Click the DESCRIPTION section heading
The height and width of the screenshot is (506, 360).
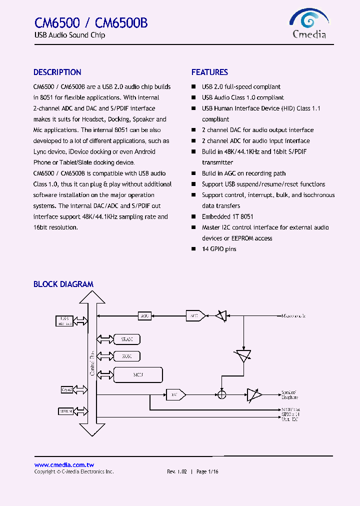coord(57,72)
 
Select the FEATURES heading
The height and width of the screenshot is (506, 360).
coord(209,72)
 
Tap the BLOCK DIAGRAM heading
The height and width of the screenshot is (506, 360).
coord(63,284)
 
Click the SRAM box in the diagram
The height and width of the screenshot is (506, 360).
coord(126,339)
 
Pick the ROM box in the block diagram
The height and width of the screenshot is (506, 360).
coord(126,356)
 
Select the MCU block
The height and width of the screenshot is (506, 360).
coord(138,374)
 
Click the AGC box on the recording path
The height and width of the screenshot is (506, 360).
coord(144,316)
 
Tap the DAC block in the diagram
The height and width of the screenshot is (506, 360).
coord(175,394)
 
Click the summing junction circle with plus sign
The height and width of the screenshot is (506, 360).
coord(222,394)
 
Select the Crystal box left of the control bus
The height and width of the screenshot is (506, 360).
coord(66,389)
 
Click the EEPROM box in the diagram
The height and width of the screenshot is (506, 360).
coord(66,411)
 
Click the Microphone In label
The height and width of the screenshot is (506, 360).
coord(293,316)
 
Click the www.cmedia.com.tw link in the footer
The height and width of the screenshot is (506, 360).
coord(64,464)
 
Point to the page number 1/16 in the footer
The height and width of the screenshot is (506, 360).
coord(213,471)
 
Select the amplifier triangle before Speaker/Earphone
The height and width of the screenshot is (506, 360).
coord(254,394)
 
